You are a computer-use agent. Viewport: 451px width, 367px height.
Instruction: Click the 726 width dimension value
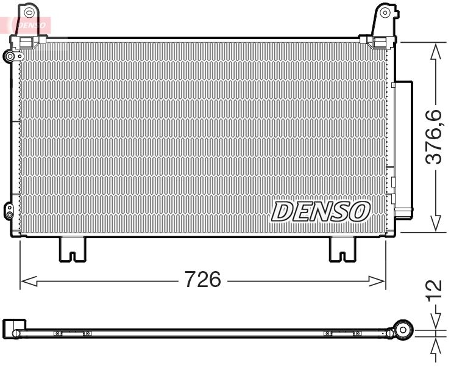pos(202,280)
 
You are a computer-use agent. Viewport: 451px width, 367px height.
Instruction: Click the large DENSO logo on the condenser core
pos(321,211)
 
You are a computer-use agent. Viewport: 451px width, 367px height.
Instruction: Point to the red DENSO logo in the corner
pos(27,25)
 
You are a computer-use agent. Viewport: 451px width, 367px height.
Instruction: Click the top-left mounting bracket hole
pos(30,12)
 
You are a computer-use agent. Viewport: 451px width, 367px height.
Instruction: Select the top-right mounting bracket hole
pos(384,12)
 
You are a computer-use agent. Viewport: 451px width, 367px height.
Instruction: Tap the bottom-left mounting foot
pos(72,249)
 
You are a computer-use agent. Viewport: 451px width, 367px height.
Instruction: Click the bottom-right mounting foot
pos(343,249)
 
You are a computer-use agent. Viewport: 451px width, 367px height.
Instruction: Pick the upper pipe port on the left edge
pos(10,57)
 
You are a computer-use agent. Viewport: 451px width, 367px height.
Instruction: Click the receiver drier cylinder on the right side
pos(402,150)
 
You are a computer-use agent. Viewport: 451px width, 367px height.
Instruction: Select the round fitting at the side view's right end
pos(402,330)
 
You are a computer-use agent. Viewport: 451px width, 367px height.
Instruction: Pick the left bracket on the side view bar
pos(72,333)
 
